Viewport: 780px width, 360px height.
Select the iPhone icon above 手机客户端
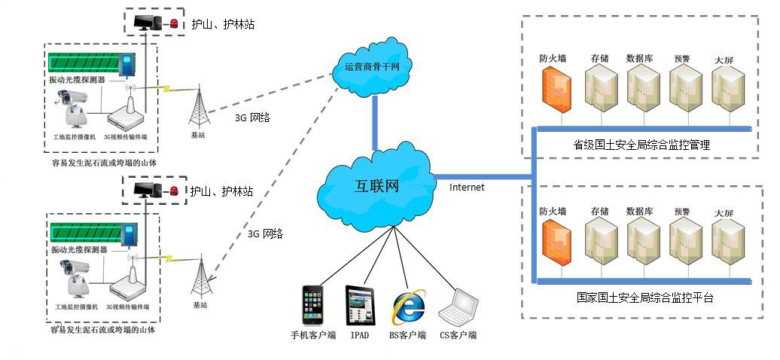[x=312, y=306]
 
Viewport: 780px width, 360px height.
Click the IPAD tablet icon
[x=358, y=306]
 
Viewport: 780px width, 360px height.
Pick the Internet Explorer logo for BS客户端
[x=407, y=306]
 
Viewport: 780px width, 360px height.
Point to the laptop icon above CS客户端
[x=459, y=307]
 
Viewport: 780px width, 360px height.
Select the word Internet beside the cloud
[x=467, y=187]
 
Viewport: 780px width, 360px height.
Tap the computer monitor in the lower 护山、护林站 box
[x=145, y=190]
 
